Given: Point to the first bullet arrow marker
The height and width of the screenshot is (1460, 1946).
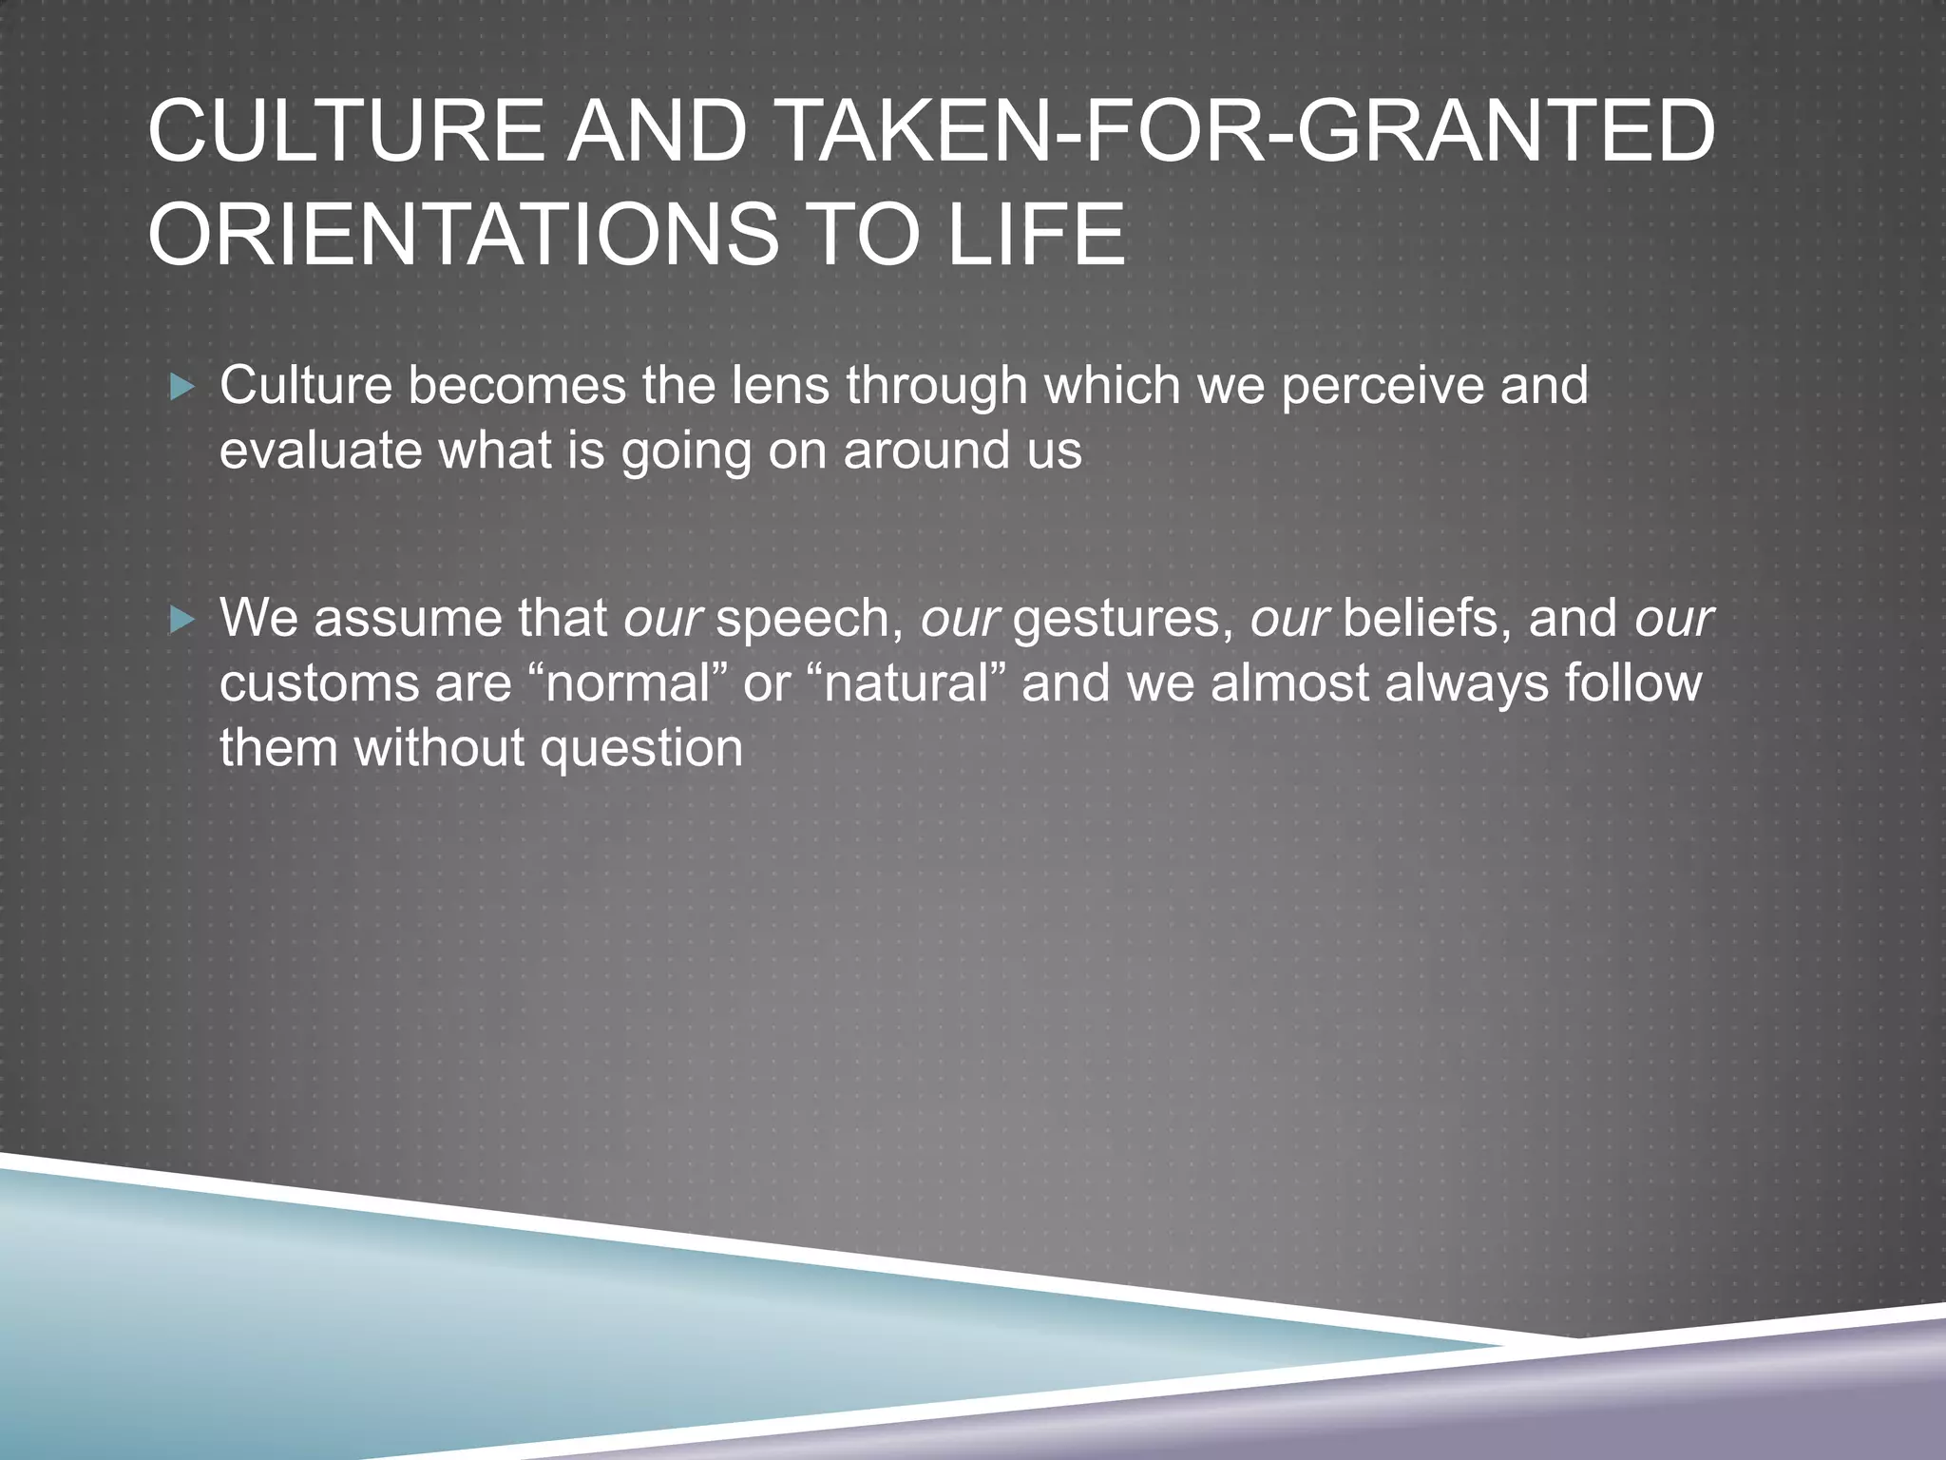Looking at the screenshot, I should click(x=181, y=387).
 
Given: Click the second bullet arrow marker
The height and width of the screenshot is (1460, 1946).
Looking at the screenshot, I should click(x=181, y=621).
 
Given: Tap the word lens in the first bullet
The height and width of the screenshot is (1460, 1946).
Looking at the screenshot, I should click(x=780, y=386).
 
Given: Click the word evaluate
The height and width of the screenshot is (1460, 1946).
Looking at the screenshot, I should click(x=320, y=451).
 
